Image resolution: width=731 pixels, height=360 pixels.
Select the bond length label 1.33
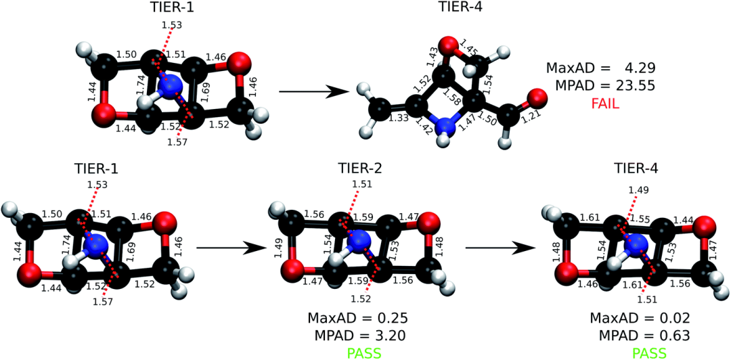[398, 118]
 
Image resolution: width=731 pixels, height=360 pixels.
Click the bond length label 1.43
[433, 57]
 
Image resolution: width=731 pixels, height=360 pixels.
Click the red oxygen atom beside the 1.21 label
[535, 97]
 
